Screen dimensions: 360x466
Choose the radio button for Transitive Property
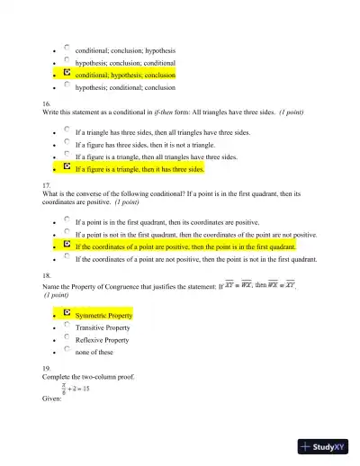click(x=67, y=327)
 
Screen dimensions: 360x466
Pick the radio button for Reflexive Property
click(x=67, y=338)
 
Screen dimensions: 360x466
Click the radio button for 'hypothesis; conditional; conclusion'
click(x=67, y=86)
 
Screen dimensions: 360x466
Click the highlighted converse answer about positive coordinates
click(x=185, y=246)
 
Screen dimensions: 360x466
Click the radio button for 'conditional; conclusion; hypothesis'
click(x=67, y=49)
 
